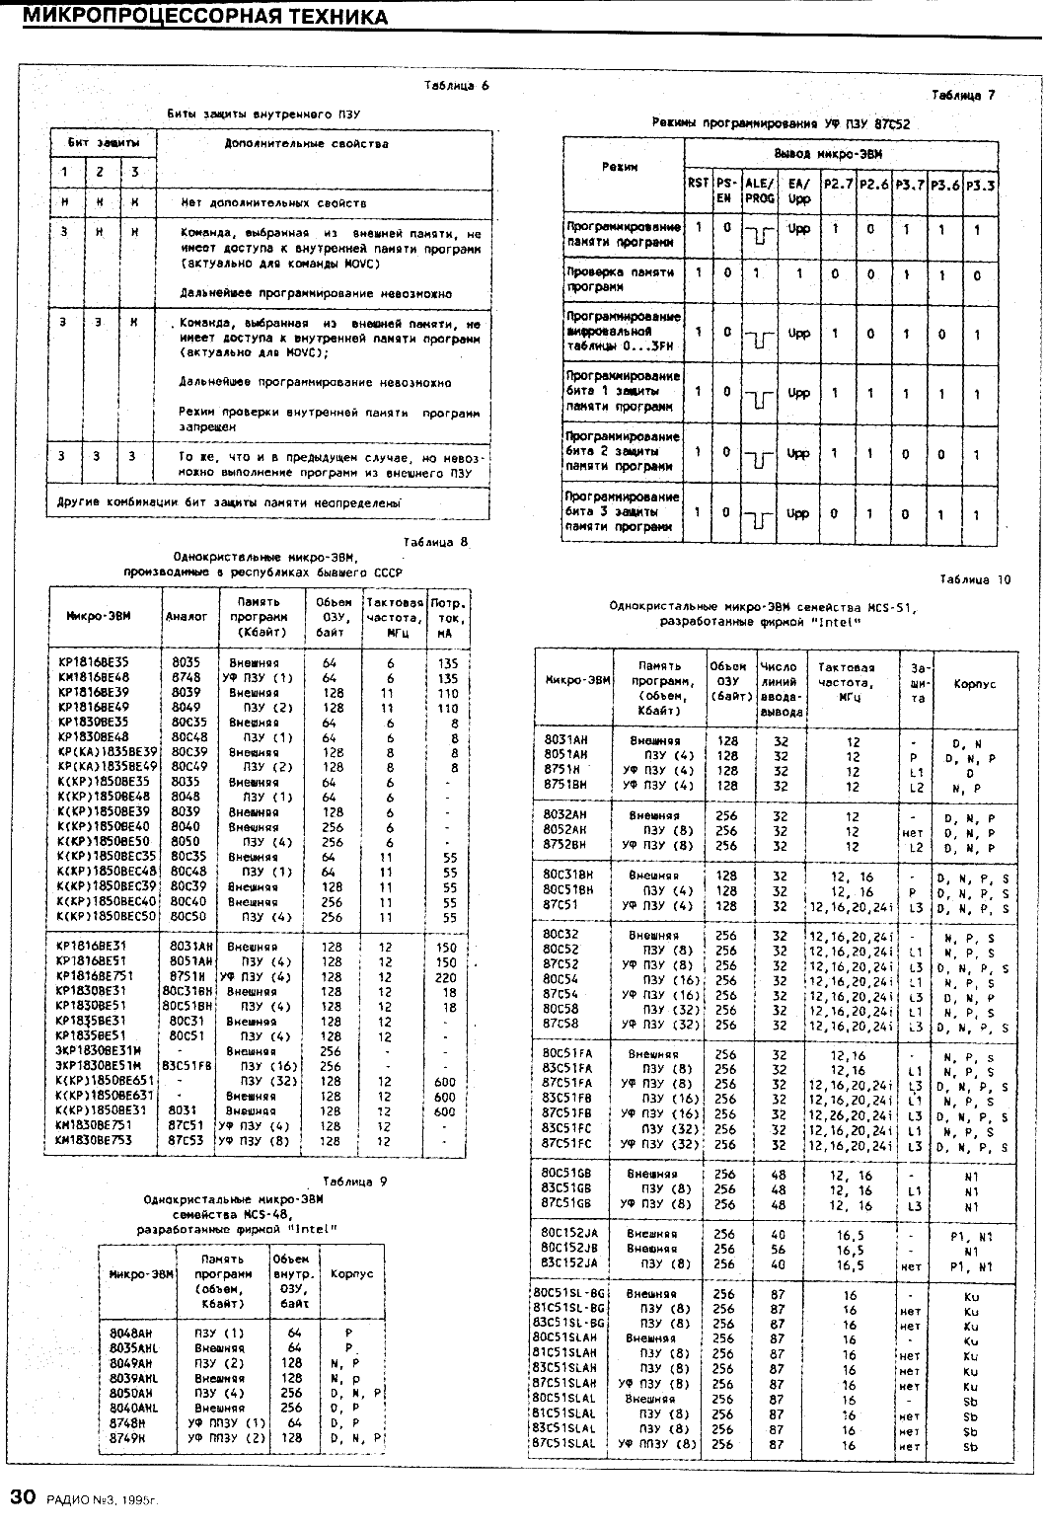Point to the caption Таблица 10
[974, 579]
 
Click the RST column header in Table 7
[698, 183]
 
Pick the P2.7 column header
[837, 184]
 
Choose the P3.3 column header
[980, 185]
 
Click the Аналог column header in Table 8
[187, 616]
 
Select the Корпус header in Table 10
[974, 683]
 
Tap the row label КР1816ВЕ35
[93, 662]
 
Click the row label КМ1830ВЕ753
[93, 1140]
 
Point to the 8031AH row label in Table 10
[566, 740]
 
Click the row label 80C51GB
[567, 1174]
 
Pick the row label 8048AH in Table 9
[134, 1332]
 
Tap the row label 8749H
[129, 1437]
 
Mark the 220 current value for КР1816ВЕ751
[447, 976]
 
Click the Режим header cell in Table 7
[621, 167]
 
